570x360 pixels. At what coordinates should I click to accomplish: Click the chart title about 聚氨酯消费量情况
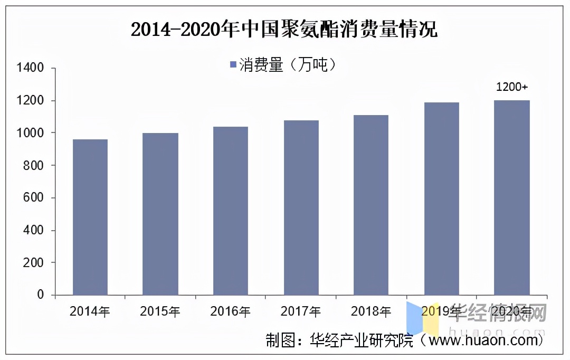284,30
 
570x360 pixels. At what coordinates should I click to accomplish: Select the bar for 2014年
90,217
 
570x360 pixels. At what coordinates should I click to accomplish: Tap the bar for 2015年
160,214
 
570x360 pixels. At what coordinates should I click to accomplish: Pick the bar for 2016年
231,211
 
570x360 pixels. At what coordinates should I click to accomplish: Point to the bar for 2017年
301,207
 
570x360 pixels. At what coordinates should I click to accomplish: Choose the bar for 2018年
371,205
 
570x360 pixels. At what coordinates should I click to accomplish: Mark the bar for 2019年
441,198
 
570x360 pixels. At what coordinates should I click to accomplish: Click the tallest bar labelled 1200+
511,197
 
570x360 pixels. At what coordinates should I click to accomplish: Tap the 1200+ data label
511,87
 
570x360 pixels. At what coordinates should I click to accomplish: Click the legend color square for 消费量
233,64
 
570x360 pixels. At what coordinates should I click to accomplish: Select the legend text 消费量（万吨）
288,64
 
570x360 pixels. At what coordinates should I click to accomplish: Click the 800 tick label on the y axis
34,165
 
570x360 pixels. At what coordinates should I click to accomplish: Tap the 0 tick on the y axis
41,295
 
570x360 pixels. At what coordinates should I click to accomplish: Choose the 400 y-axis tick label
34,230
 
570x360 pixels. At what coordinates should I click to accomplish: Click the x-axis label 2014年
90,312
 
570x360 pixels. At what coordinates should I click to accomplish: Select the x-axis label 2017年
301,312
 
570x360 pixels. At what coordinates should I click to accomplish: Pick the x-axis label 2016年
231,312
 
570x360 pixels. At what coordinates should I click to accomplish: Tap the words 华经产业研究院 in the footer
363,341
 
